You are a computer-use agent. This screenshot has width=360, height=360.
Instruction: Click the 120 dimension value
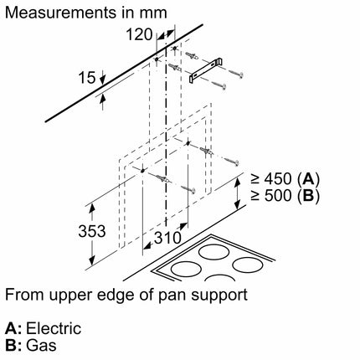coord(139,34)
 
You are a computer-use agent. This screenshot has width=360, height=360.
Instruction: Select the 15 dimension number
coord(87,77)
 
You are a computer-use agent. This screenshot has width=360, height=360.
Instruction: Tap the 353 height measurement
coord(92,231)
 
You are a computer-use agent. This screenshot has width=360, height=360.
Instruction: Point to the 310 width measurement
coord(167,238)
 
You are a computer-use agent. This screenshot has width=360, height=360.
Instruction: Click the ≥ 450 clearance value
coord(270,179)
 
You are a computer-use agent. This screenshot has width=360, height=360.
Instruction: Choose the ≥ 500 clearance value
coord(270,196)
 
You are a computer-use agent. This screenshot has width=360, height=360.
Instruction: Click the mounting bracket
coord(206,69)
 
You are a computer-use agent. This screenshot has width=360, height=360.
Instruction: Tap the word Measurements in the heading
coord(60,13)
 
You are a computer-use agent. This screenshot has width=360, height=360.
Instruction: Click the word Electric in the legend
coord(54,328)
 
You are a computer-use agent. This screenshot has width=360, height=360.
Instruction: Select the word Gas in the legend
coord(41,345)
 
